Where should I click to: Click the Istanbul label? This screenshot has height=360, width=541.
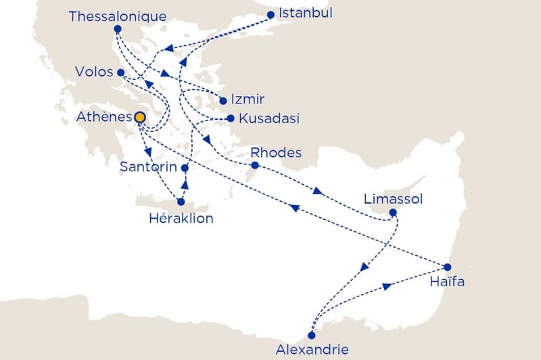306,14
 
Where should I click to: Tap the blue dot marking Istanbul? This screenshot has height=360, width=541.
271,14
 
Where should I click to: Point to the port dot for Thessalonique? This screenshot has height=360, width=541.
118,29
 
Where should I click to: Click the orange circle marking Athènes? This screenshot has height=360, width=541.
140,118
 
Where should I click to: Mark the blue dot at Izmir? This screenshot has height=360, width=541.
223,101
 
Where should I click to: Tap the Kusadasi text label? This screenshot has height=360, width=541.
269,118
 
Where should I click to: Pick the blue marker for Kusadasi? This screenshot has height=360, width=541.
231,118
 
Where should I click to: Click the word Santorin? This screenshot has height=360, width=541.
148,166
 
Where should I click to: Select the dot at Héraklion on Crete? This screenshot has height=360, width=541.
181,202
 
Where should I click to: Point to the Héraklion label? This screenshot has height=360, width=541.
181,218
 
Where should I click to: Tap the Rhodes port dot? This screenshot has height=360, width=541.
254,165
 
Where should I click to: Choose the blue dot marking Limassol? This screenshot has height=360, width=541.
393,212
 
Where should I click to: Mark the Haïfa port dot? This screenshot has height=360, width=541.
448,267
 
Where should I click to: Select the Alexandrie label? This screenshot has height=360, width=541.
312,349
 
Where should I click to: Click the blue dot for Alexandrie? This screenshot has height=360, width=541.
311,335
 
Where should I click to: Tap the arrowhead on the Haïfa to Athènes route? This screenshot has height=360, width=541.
293,208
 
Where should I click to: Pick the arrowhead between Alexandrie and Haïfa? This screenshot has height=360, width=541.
387,287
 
